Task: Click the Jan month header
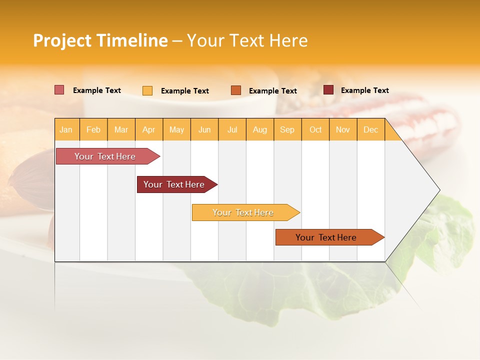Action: click(x=66, y=129)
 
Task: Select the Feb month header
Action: click(x=93, y=129)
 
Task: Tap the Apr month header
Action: click(x=148, y=129)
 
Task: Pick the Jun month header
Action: click(x=204, y=129)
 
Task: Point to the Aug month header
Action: click(x=259, y=129)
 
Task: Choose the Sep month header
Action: click(x=287, y=129)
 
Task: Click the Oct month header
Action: click(x=315, y=129)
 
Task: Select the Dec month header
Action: click(x=370, y=129)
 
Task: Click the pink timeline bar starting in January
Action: click(x=105, y=156)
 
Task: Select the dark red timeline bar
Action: click(x=174, y=184)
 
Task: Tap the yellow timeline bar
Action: click(x=243, y=212)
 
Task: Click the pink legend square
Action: click(x=59, y=90)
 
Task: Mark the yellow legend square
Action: click(x=147, y=90)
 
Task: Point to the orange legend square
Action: click(x=236, y=90)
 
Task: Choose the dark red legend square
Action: click(x=328, y=90)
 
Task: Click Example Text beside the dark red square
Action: click(x=364, y=90)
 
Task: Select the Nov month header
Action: click(x=342, y=129)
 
